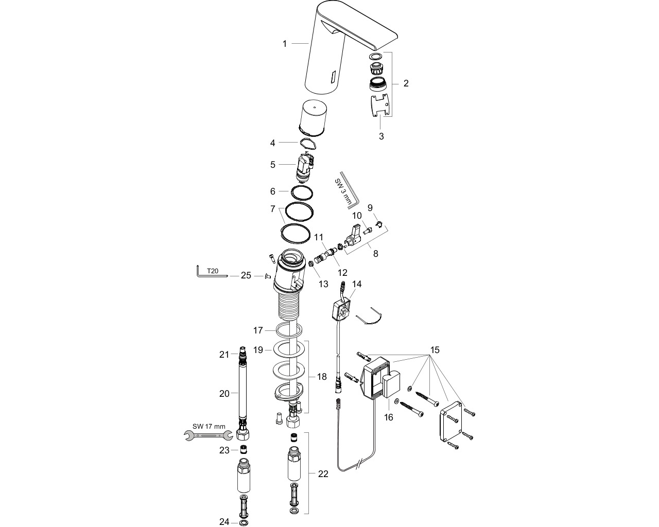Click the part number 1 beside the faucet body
point(285,44)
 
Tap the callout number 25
point(246,276)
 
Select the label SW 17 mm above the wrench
point(209,426)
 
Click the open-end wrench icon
point(208,435)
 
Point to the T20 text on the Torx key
point(213,271)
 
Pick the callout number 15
point(435,349)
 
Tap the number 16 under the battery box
point(388,417)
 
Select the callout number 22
point(323,473)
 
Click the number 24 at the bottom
point(224,521)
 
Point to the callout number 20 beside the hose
point(224,394)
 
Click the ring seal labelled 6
point(302,194)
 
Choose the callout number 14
point(357,284)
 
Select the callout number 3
point(381,136)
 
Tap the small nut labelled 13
point(310,263)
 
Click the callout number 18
point(322,376)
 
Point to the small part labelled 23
point(244,449)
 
